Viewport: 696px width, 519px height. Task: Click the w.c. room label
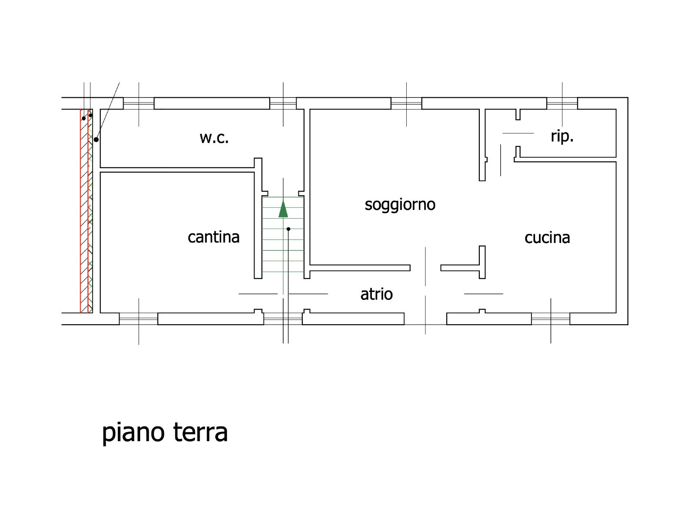click(214, 138)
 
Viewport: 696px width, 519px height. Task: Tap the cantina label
click(214, 237)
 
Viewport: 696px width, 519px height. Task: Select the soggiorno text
click(400, 205)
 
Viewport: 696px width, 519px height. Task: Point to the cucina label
click(547, 238)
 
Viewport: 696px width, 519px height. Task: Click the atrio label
click(376, 294)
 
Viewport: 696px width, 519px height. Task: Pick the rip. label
click(562, 137)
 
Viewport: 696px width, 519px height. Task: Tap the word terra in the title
click(201, 432)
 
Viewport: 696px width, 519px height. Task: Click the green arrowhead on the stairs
click(283, 209)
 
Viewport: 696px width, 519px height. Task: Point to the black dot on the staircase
click(288, 229)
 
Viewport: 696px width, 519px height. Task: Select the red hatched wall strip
click(84, 211)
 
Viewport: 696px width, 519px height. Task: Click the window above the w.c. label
click(139, 103)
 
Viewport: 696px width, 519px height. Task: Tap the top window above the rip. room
click(562, 103)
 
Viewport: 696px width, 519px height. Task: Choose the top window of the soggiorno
click(406, 103)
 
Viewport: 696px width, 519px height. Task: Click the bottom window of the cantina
click(139, 319)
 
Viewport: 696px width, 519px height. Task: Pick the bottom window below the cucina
click(550, 319)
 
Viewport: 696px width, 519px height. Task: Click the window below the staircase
click(283, 319)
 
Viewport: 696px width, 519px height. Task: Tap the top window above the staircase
click(283, 103)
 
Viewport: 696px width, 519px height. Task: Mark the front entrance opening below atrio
click(425, 319)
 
